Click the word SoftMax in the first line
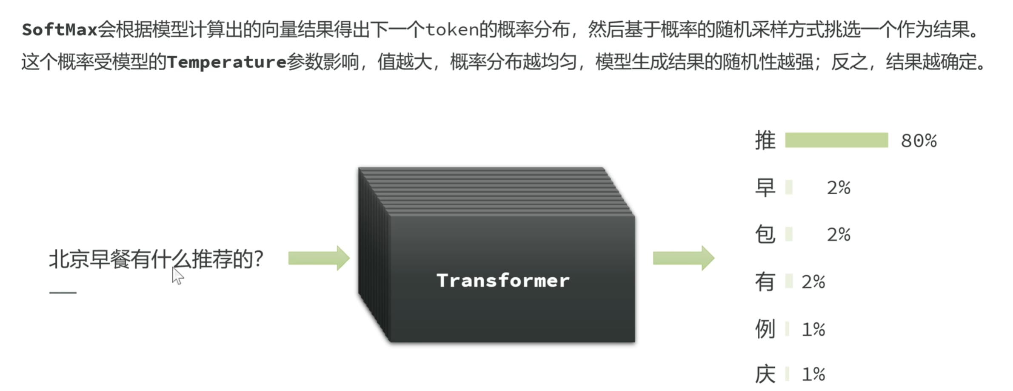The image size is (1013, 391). click(x=60, y=30)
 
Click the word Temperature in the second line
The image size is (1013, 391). click(x=226, y=63)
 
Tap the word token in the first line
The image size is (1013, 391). click(x=452, y=30)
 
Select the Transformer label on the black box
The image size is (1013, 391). click(x=503, y=281)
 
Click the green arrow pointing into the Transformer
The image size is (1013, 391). click(x=319, y=258)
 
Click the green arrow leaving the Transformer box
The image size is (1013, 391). click(x=683, y=258)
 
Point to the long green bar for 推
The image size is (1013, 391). click(x=836, y=140)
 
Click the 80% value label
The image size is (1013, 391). click(x=919, y=141)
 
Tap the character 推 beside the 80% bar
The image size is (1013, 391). click(x=765, y=141)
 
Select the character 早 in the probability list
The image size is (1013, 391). click(x=765, y=187)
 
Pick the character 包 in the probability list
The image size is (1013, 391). click(x=765, y=235)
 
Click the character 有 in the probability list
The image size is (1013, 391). click(x=765, y=282)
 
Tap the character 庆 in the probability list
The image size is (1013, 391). click(x=765, y=374)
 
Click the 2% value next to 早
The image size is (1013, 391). click(x=839, y=188)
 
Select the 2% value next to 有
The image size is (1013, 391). click(x=813, y=282)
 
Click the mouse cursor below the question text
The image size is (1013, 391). click(x=177, y=276)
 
